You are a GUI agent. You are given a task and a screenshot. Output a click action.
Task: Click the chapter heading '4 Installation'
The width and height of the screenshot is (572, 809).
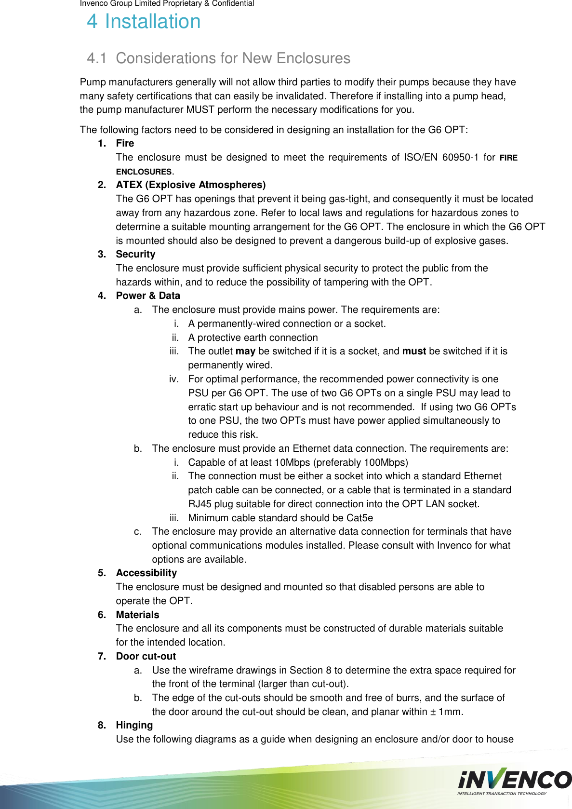144,22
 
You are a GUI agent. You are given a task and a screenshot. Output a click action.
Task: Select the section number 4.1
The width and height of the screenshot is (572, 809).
96,58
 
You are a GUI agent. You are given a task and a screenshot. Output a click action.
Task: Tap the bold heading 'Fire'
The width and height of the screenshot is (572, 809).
125,143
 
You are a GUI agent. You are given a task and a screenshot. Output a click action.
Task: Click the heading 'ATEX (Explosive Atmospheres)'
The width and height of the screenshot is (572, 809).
190,185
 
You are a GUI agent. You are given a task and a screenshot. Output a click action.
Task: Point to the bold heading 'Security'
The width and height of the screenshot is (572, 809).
135,254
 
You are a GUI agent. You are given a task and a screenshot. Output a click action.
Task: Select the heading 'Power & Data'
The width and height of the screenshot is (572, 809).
148,296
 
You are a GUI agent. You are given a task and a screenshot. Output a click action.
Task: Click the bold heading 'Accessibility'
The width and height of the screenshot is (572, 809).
146,573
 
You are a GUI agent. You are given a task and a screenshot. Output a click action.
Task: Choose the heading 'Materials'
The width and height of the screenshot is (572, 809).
137,615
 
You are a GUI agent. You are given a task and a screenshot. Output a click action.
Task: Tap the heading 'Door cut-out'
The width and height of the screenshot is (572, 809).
146,656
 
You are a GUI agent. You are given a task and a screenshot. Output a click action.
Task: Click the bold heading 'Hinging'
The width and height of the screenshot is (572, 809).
134,725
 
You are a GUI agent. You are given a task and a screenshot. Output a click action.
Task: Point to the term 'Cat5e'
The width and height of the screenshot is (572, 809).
359,518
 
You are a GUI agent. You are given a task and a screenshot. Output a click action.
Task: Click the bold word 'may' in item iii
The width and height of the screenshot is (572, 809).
245,351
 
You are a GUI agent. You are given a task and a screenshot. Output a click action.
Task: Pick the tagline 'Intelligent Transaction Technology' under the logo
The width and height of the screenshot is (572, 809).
502,793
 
